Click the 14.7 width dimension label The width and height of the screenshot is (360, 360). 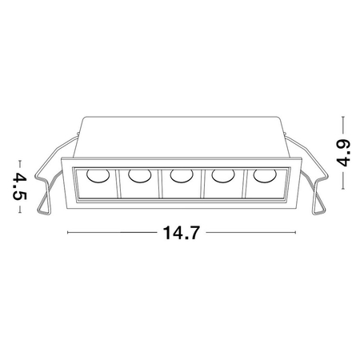click(x=180, y=234)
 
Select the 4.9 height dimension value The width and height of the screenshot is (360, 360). click(x=342, y=152)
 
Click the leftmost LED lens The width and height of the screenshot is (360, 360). click(x=95, y=177)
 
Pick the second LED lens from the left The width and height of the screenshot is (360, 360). click(x=138, y=175)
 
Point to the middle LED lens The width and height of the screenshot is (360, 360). click(x=181, y=175)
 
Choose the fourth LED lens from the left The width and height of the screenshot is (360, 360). click(x=223, y=175)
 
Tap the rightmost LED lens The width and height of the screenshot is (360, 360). click(x=263, y=175)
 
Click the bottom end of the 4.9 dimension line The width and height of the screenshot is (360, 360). click(x=342, y=189)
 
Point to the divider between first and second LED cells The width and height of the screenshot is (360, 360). click(x=118, y=184)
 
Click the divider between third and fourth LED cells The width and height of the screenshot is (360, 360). click(x=202, y=184)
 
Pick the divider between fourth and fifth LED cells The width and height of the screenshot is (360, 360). click(x=243, y=184)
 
